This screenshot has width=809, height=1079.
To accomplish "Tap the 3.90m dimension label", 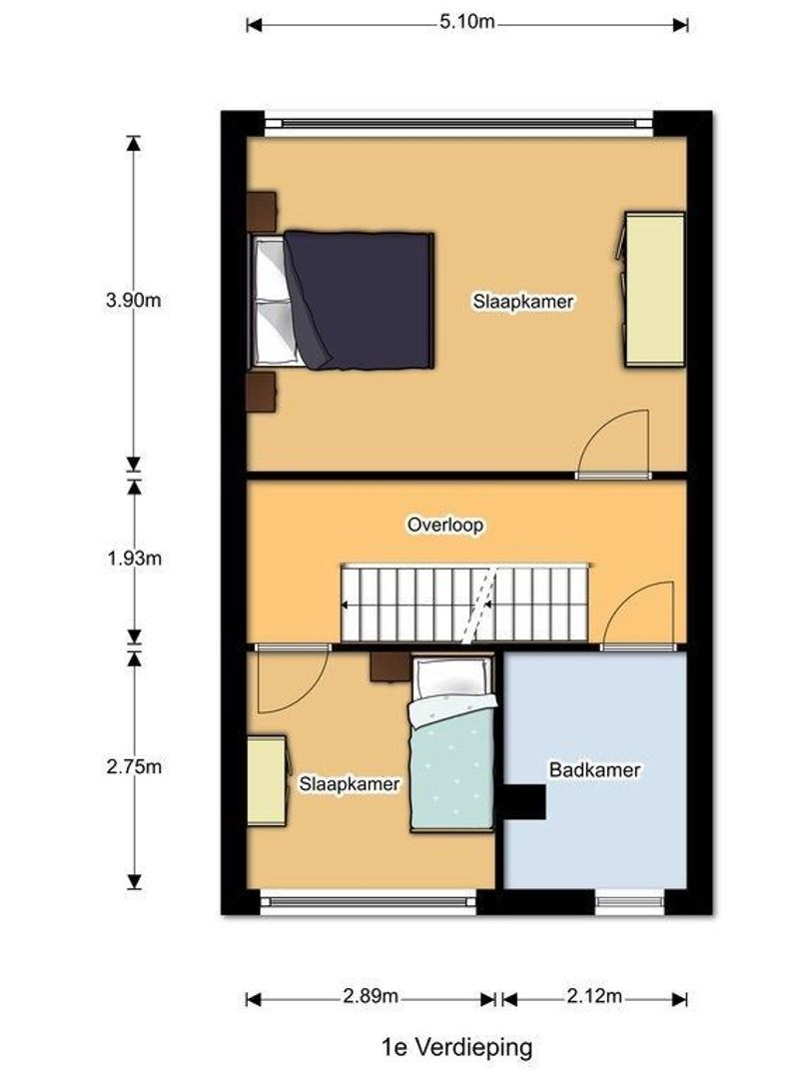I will click(133, 301).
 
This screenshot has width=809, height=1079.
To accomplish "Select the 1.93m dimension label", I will click(133, 558).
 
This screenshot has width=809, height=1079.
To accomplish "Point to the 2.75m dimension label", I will click(133, 767).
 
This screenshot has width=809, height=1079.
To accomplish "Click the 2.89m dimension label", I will click(371, 997).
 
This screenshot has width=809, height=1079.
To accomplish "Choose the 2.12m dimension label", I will click(594, 997).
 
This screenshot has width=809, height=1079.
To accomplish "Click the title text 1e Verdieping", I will click(456, 1047).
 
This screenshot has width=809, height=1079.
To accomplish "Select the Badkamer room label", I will click(594, 770).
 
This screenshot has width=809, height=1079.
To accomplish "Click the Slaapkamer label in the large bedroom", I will click(523, 301).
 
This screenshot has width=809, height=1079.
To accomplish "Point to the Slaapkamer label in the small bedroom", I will click(350, 784).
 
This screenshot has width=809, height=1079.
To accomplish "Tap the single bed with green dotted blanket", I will click(454, 764).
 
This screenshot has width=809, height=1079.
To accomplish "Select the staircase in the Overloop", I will click(464, 604).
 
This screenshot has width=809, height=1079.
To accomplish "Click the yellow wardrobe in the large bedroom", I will click(654, 289).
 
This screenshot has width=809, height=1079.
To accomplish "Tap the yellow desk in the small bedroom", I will click(267, 781).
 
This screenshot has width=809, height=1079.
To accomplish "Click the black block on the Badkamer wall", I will click(523, 802).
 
